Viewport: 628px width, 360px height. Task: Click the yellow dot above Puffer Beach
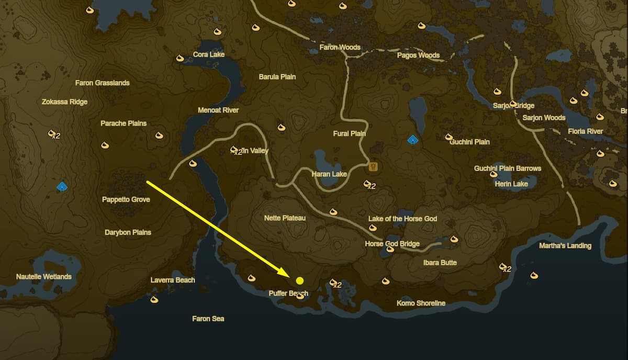click(300, 280)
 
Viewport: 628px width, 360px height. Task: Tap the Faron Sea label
click(208, 319)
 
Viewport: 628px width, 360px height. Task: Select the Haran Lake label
click(329, 174)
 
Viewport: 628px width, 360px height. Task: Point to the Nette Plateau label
click(285, 218)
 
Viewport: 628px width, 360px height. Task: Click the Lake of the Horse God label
click(402, 219)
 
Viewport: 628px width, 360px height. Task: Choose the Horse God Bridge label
click(392, 244)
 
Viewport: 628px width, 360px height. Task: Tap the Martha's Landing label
click(565, 246)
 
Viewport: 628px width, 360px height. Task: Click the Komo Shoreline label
click(421, 303)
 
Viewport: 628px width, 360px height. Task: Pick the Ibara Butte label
click(440, 263)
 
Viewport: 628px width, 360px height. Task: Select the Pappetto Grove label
click(126, 199)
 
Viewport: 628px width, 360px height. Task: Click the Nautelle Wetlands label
click(44, 276)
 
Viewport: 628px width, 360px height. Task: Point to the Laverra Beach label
click(173, 280)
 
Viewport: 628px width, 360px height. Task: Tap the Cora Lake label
click(209, 54)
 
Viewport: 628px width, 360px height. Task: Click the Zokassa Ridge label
click(64, 102)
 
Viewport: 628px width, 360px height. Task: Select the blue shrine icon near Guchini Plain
click(413, 140)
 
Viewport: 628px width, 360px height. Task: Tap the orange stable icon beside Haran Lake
click(374, 166)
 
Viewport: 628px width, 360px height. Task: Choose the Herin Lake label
click(511, 184)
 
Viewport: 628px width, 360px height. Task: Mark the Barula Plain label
click(277, 77)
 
